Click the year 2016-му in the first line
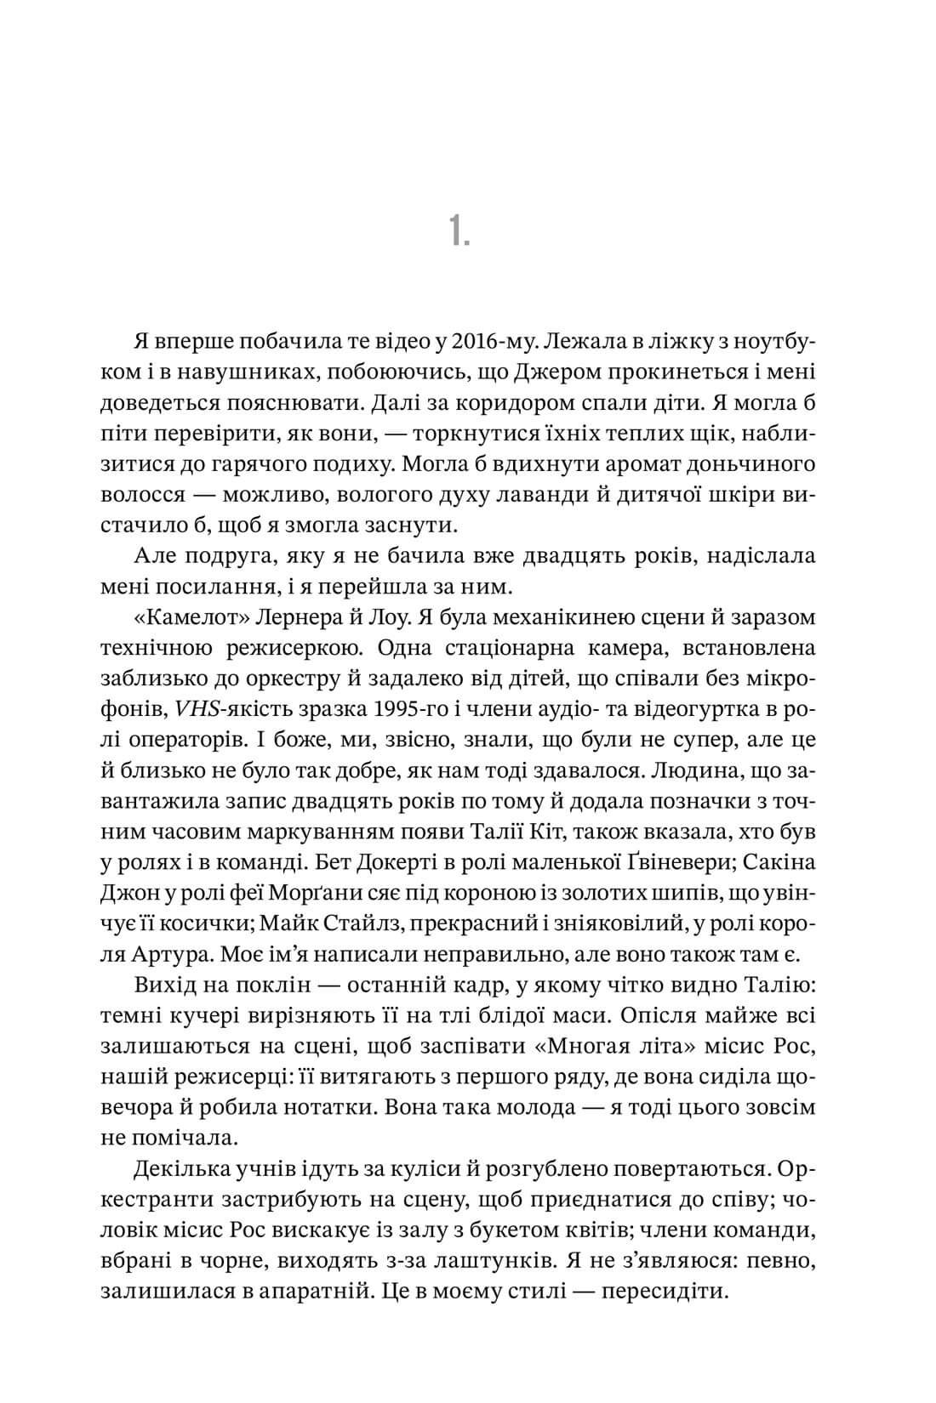[481, 341]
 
